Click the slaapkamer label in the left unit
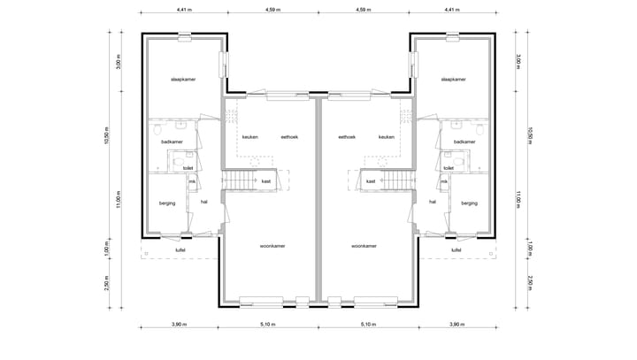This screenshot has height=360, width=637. tap(183, 80)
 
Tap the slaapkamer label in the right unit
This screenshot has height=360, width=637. tap(453, 80)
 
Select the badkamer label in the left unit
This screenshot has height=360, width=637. tap(172, 142)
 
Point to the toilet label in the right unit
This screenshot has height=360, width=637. tap(449, 167)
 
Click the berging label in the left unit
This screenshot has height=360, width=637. tap(167, 203)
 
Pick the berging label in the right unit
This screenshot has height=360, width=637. tap(469, 203)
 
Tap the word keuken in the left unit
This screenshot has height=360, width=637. tap(250, 137)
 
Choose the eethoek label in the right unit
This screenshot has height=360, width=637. tap(346, 137)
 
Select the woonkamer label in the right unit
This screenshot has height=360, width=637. tap(364, 246)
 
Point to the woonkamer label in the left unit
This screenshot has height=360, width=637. tap(272, 246)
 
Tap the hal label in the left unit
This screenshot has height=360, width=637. tap(204, 202)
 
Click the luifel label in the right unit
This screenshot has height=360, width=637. tap(457, 249)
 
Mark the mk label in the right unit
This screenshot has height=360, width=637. tap(444, 181)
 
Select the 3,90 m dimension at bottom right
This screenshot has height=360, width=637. tap(456, 326)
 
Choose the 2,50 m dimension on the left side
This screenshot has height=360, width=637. tap(106, 283)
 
